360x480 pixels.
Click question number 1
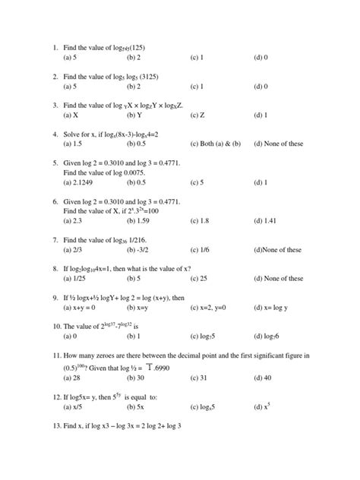click(55, 47)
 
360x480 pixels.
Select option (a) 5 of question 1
click(74, 57)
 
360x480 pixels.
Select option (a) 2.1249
click(80, 182)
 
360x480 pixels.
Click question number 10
click(57, 327)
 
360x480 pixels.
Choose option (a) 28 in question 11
click(74, 377)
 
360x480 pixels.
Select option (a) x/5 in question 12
click(74, 406)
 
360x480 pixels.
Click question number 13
click(57, 425)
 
